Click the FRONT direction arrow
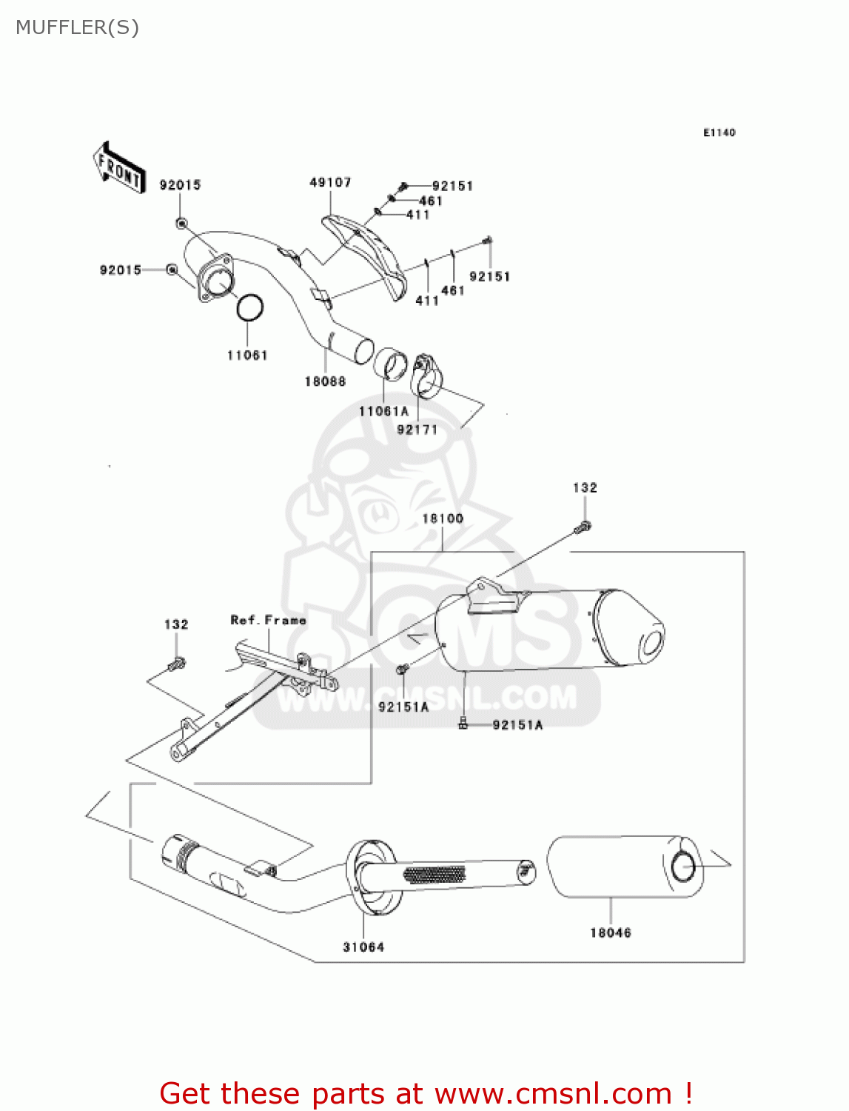[118, 168]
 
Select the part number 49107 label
[330, 182]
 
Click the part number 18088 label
[325, 381]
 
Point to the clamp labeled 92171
[426, 376]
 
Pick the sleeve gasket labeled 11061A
[390, 365]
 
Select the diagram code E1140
[719, 133]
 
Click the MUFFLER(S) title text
[77, 27]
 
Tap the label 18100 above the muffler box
[443, 518]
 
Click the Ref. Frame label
[268, 620]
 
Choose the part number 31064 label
[363, 947]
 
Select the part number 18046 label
[610, 932]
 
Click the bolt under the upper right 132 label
[583, 527]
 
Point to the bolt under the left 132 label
[177, 664]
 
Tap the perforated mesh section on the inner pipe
[434, 874]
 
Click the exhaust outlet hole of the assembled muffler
[654, 642]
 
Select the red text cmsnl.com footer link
[426, 1093]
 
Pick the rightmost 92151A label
[517, 725]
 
